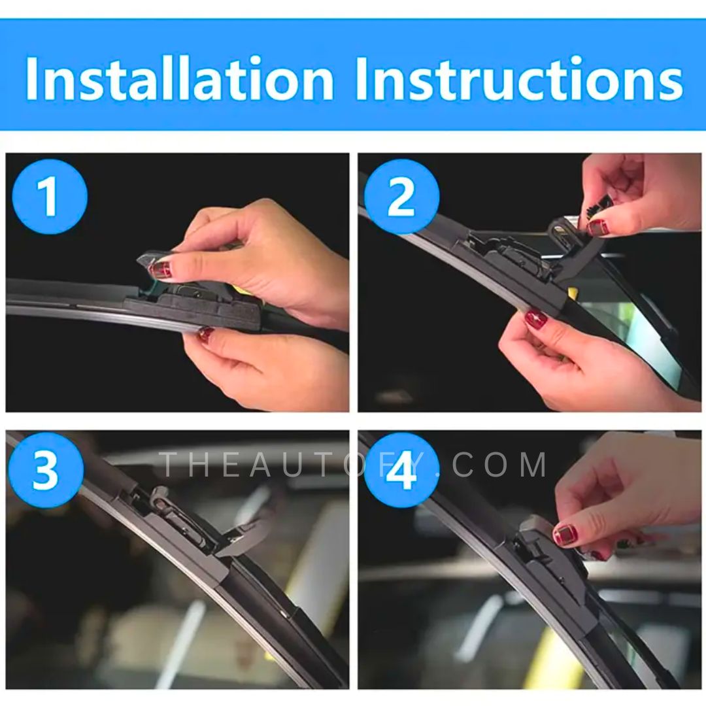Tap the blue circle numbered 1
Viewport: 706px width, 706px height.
[50, 196]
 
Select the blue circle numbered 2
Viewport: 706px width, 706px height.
[401, 196]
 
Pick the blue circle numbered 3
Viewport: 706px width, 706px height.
[46, 470]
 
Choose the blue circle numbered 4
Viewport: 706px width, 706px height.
[401, 470]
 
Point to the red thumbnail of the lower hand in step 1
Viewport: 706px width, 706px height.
[206, 333]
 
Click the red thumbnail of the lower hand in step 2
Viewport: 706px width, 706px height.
[536, 319]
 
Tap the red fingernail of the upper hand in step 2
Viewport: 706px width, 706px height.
[598, 227]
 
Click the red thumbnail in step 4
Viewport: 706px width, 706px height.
[565, 535]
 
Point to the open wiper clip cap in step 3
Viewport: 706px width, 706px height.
[245, 538]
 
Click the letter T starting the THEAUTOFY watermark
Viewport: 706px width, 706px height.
[168, 465]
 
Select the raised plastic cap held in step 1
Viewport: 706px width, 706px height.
[156, 263]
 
